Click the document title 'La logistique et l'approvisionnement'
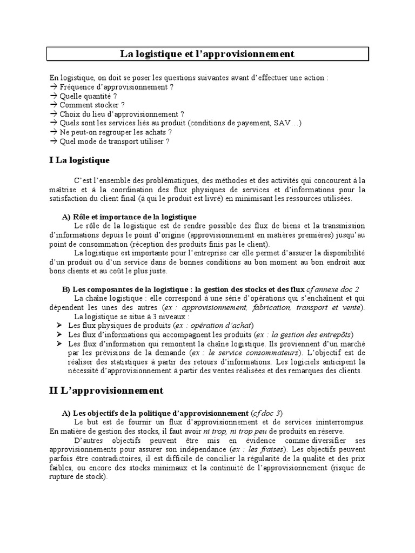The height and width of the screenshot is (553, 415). [207, 55]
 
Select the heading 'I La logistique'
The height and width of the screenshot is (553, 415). [79, 160]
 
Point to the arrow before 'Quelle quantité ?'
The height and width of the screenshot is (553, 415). [53, 96]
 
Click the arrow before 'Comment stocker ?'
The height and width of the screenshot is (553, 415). [53, 105]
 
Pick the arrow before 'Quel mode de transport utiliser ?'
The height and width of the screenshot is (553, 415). [53, 141]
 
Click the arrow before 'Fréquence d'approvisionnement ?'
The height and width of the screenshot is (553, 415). [53, 87]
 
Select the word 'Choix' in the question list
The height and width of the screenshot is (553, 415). [69, 114]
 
